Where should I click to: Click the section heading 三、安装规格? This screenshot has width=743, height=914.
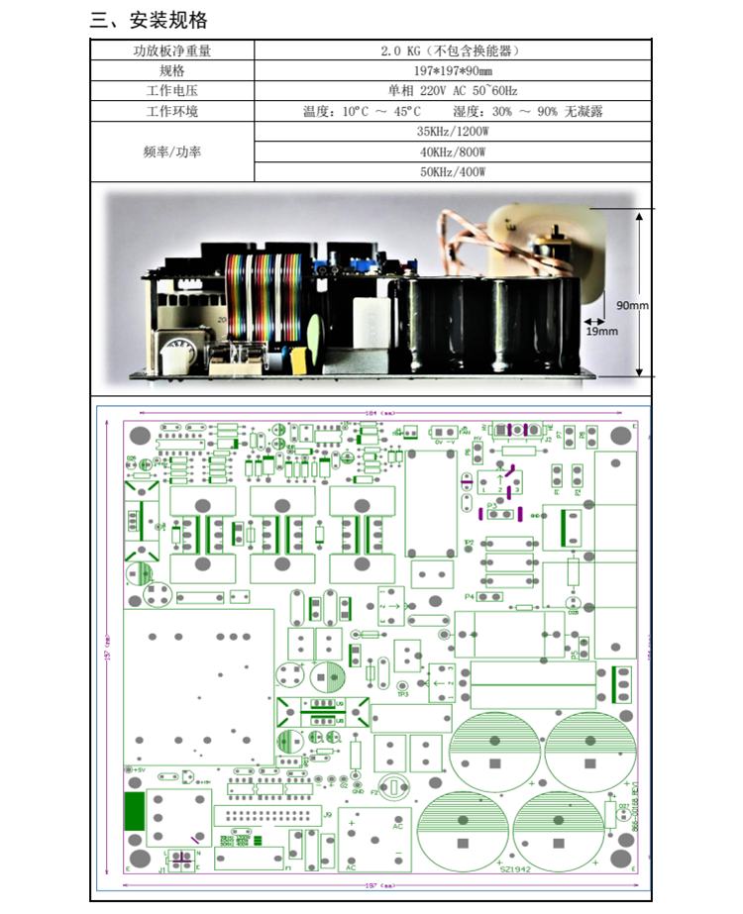click(149, 21)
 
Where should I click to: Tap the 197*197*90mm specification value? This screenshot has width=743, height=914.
click(452, 70)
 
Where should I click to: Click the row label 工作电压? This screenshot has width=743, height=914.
click(171, 91)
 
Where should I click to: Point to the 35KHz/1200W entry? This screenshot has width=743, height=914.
click(452, 132)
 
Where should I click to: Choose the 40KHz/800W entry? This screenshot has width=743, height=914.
click(452, 152)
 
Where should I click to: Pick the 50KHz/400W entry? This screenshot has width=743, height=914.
click(452, 172)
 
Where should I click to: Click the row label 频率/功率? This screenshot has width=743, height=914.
click(171, 152)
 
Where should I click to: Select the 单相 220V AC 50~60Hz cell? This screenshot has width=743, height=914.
click(452, 91)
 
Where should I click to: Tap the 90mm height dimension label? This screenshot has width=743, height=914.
click(631, 305)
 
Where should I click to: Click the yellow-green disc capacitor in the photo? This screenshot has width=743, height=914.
click(315, 335)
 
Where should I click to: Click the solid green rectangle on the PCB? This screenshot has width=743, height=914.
click(133, 811)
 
